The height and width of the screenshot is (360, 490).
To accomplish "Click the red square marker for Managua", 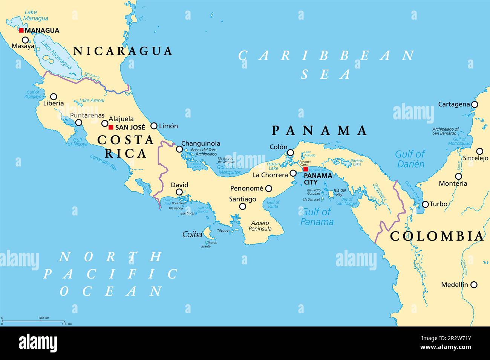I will click(21, 31).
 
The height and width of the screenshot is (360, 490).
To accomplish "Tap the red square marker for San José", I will click(111, 127).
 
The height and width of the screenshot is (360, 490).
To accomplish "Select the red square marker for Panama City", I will click(305, 169).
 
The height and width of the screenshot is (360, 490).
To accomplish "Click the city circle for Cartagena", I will click(475, 104).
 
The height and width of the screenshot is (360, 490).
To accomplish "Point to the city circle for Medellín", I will click(474, 285).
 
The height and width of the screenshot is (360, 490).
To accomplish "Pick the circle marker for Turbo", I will click(425, 204).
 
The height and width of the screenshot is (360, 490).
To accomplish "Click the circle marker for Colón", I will click(290, 153).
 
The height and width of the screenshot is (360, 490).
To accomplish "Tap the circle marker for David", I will click(179, 192).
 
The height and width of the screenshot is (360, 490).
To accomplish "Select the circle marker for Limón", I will click(154, 126).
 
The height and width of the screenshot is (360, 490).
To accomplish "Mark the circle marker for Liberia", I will click(54, 96).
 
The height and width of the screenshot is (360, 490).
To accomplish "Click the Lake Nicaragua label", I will click(56, 55).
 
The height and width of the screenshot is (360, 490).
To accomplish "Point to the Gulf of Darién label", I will click(410, 159).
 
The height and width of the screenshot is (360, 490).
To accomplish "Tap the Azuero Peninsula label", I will click(260, 226).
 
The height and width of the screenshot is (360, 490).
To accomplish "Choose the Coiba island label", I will click(192, 234).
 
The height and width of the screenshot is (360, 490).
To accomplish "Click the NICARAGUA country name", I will click(122, 51).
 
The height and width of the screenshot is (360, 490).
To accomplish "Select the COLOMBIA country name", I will click(436, 236).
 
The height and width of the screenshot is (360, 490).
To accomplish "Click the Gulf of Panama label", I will click(317, 217).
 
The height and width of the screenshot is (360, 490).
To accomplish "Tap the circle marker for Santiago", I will click(243, 206).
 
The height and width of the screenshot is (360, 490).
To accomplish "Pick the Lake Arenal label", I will click(92, 101).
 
